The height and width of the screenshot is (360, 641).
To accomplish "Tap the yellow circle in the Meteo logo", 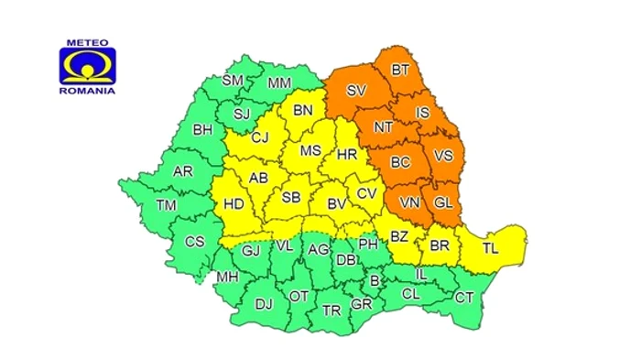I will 89,67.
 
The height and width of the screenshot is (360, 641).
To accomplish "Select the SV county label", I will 357,91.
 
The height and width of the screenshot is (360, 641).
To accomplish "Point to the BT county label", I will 400,70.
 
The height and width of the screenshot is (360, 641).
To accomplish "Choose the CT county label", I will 465,298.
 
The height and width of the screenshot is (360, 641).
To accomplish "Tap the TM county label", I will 166,205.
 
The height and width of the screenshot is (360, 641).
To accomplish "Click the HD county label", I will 234,205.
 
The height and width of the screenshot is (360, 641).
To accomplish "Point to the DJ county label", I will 264,304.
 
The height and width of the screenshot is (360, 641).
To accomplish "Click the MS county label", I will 311,150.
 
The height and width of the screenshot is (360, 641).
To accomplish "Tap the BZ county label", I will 399,237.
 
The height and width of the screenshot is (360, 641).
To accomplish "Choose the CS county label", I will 194,242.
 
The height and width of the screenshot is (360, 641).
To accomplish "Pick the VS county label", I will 443,156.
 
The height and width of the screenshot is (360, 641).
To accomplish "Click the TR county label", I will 331,311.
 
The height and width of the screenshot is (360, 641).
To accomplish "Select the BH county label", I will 202,130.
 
